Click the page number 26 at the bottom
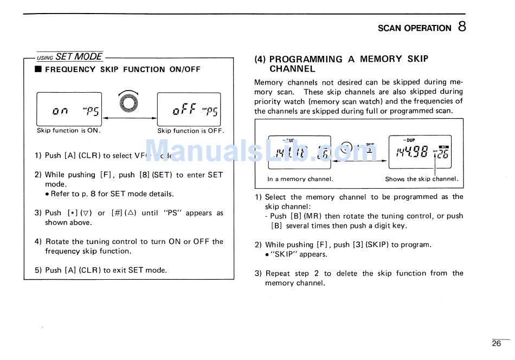point(497,343)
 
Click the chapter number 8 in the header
point(461,26)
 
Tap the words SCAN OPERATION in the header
point(414,28)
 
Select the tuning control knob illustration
point(128,103)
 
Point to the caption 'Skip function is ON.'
point(69,131)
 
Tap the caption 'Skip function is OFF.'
point(190,131)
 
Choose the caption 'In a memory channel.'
point(300,179)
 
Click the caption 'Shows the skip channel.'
point(421,179)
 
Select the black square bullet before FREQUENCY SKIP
point(38,69)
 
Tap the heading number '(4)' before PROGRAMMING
point(260,59)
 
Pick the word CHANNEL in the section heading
point(292,69)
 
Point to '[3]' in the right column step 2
point(358,245)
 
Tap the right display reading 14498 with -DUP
point(420,151)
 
